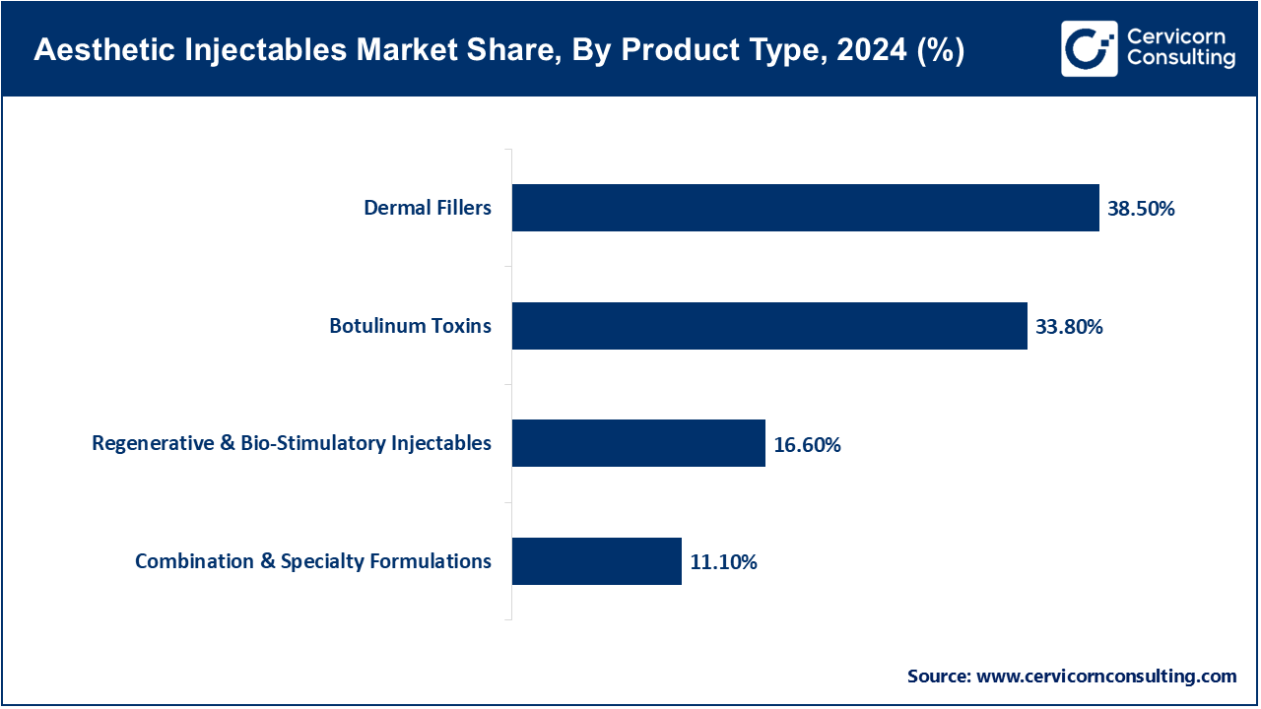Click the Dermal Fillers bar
pos(805,208)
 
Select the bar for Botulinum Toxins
pos(769,326)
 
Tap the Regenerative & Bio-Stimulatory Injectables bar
pos(638,443)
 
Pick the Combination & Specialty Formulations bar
pos(596,561)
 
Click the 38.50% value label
pos(1141,209)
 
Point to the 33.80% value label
pos(1069,327)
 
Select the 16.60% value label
pos(807,445)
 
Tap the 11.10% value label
pos(723,563)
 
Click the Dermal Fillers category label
pos(428,208)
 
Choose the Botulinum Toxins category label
pos(410,326)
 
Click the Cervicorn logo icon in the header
pos(1089,48)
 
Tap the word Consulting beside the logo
pos(1181,58)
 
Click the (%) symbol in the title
pos(936,51)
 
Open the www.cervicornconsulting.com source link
pos(1105,677)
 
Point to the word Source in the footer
pos(936,677)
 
